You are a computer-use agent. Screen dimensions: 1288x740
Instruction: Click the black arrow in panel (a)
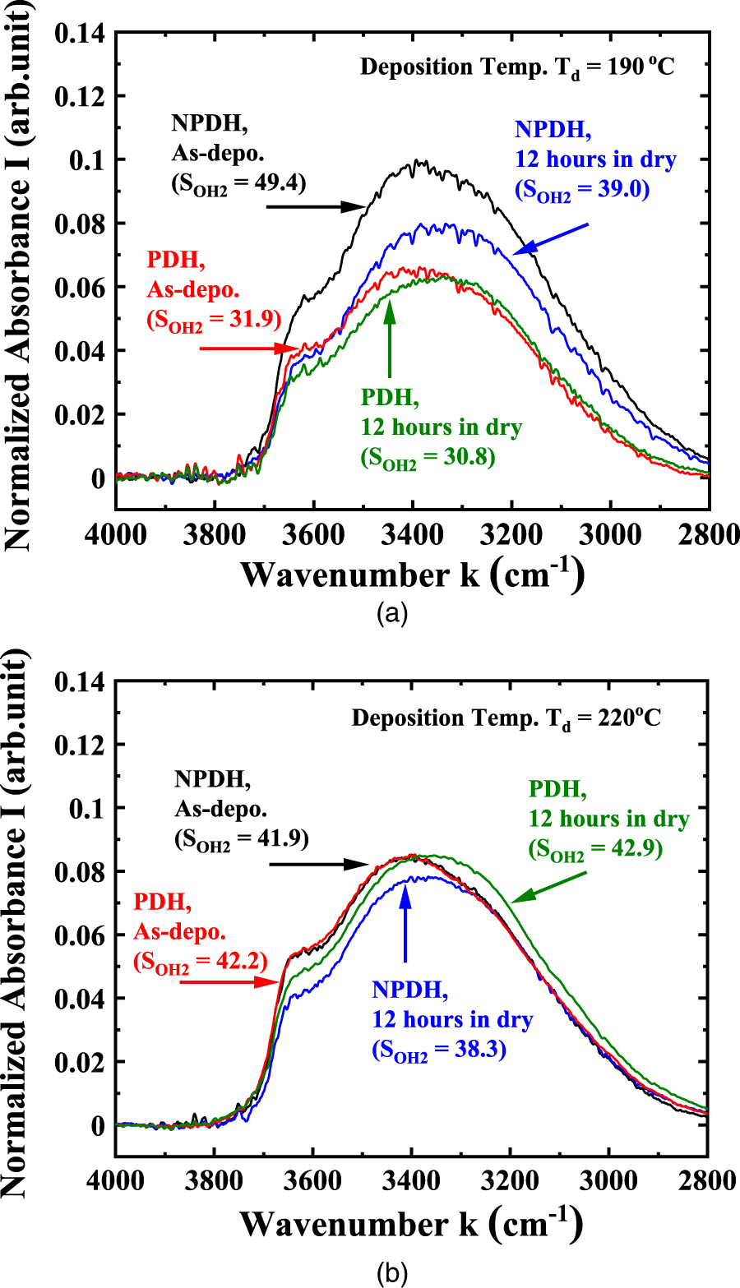pos(317,206)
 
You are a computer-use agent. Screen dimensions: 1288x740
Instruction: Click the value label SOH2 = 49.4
pos(238,182)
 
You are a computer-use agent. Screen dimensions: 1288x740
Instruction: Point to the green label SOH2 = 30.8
pos(428,457)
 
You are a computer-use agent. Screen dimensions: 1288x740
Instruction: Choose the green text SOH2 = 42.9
pos(595,848)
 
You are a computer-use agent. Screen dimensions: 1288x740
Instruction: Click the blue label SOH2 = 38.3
pos(439,1050)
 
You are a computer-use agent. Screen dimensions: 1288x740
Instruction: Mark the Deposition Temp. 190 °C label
pos(517,66)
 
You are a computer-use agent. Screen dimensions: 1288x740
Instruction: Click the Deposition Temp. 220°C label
pos(506,718)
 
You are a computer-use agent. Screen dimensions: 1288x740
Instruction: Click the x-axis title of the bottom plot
pos(412,1224)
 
